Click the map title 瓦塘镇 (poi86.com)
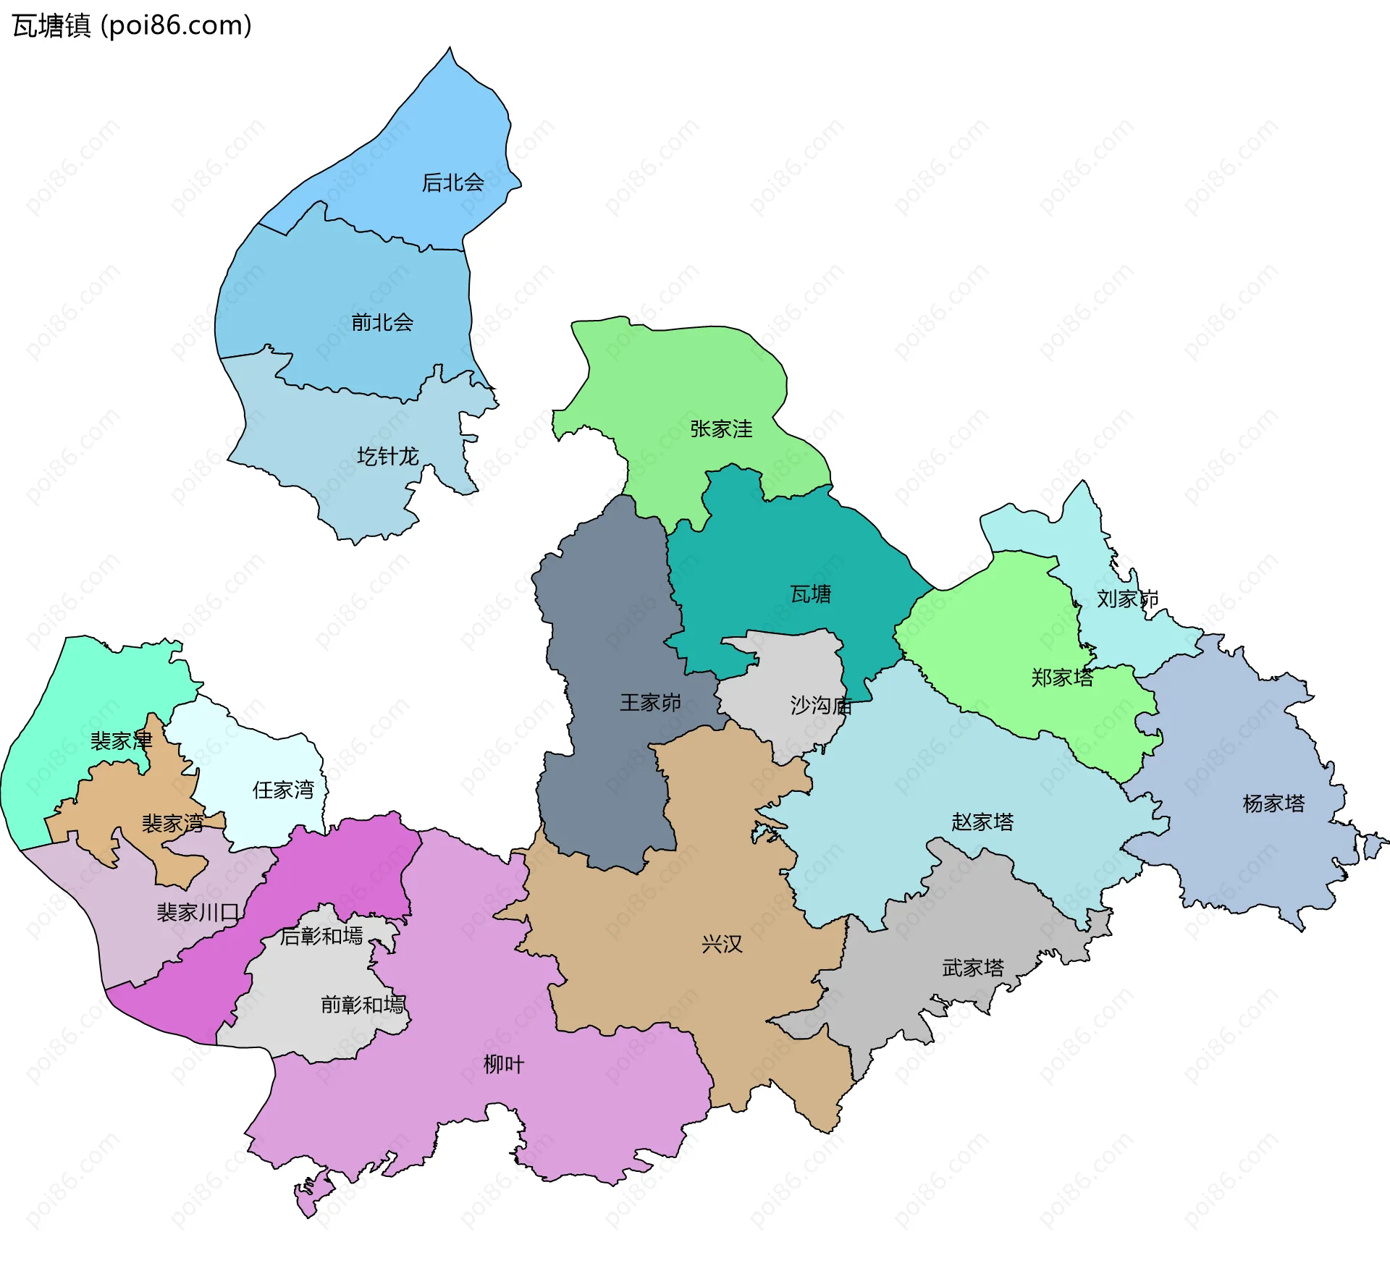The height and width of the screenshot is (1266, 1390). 132,26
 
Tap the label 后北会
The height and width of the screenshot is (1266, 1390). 452,182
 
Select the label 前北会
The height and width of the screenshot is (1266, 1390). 382,322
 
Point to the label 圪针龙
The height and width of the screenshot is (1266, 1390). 387,456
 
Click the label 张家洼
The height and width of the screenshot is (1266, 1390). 720,429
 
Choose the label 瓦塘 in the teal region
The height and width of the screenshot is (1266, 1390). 810,594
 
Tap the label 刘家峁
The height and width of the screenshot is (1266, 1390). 1126,599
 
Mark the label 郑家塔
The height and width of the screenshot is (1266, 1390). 1061,678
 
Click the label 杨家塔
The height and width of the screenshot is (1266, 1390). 1273,803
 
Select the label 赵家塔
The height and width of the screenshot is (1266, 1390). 982,822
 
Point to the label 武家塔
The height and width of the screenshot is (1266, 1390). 972,968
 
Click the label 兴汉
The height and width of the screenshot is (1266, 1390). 722,944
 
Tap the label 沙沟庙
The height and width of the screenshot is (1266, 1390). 820,704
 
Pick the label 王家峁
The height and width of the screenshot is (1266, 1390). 650,702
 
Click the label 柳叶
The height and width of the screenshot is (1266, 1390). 503,1064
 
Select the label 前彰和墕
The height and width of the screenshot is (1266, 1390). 362,1004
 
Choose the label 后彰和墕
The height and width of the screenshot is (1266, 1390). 321,936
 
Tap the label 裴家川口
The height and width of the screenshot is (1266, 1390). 198,912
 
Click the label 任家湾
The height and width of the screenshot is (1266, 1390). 282,789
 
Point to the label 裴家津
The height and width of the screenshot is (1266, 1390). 121,740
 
